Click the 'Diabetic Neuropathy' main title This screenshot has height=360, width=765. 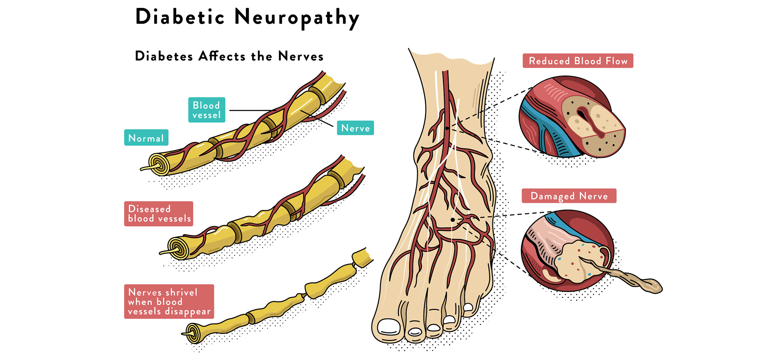click(247, 18)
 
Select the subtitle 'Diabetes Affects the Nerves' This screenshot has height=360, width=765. click(229, 56)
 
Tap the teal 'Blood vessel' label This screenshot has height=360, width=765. click(206, 110)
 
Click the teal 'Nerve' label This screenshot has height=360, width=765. click(355, 128)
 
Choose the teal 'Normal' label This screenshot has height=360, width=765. click(146, 138)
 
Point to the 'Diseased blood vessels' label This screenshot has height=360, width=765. click(159, 214)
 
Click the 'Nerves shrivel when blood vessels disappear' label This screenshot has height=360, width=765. click(169, 301)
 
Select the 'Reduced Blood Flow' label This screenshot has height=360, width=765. click(578, 61)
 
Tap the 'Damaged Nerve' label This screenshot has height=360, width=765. click(569, 196)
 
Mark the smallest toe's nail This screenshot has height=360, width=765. click(468, 307)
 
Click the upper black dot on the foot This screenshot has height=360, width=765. click(447, 128)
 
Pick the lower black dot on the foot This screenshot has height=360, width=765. click(453, 220)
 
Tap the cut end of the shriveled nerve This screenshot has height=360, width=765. click(193, 333)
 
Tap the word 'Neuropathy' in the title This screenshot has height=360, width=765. click(297, 18)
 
